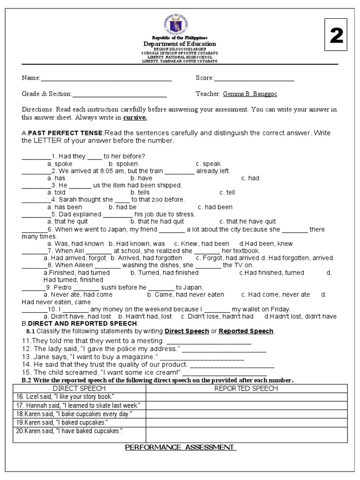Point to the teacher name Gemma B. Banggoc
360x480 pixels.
[250, 94]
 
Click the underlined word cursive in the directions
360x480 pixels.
[135, 117]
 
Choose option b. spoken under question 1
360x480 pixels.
[123, 164]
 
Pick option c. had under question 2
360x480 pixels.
[250, 178]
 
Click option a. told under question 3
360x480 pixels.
[56, 192]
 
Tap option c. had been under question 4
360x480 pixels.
[215, 207]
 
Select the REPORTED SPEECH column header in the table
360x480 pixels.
[246, 388]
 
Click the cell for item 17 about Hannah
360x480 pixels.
[77, 405]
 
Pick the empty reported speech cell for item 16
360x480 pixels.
[246, 397]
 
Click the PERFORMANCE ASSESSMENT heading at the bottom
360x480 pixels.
[180, 448]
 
